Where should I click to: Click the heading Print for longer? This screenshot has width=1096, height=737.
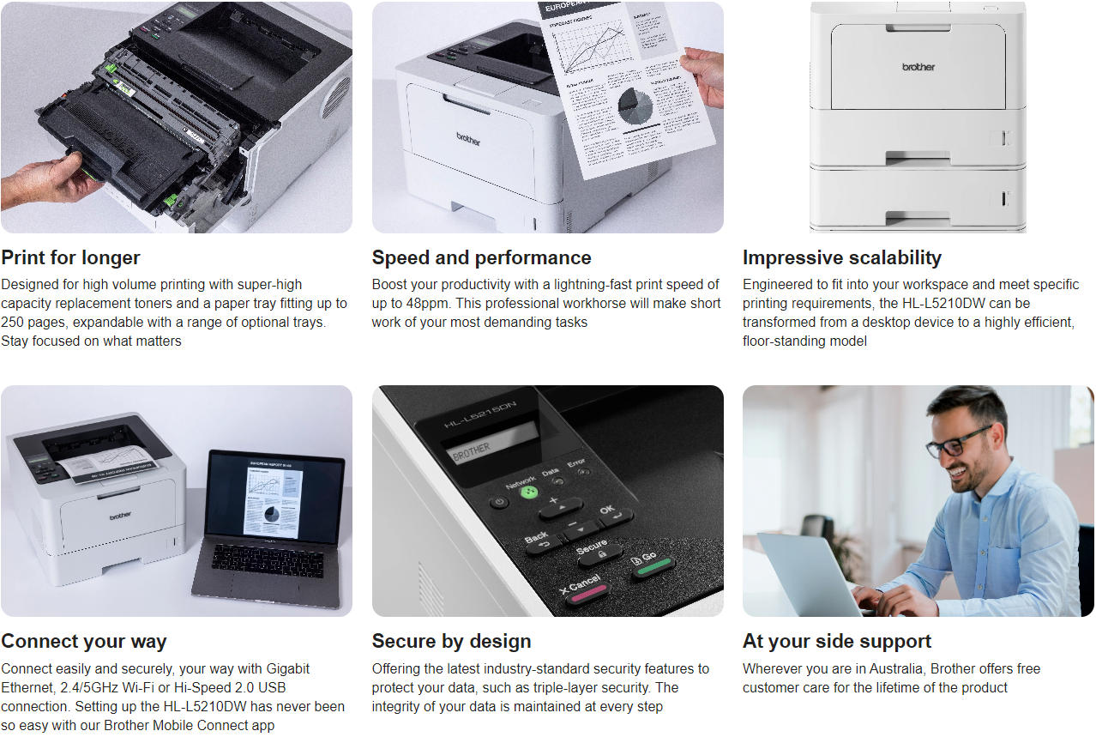[x=70, y=257]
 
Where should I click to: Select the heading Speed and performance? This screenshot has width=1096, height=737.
[x=481, y=257]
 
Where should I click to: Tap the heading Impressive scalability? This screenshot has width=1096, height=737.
[x=841, y=257]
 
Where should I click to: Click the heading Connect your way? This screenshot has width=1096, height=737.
[x=84, y=641]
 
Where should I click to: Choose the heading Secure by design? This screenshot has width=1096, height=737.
[x=451, y=641]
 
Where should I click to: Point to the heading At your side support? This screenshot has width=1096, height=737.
[x=836, y=641]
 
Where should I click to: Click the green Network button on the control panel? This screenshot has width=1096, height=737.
[x=529, y=492]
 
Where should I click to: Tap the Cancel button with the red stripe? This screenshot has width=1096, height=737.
[x=585, y=588]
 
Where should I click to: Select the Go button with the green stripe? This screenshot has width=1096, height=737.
[x=652, y=562]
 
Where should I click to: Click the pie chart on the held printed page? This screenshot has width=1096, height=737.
[x=635, y=106]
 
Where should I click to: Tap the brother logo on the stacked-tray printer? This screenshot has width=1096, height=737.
[x=918, y=67]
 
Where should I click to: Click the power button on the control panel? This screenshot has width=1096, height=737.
[x=499, y=502]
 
